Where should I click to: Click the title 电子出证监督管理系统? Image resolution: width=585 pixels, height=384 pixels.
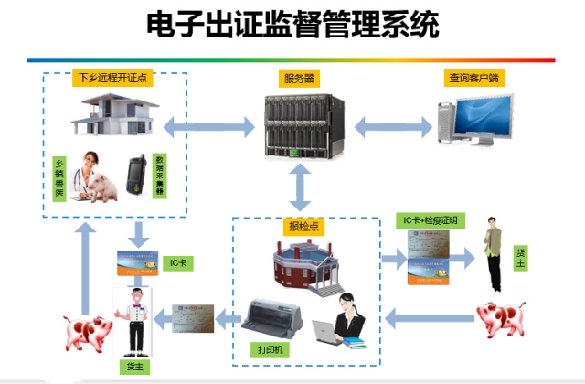[292, 25]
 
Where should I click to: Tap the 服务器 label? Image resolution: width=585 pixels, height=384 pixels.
[299, 79]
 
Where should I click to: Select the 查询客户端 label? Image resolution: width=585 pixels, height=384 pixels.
[475, 78]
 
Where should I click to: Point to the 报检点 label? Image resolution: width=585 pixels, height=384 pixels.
[300, 224]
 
